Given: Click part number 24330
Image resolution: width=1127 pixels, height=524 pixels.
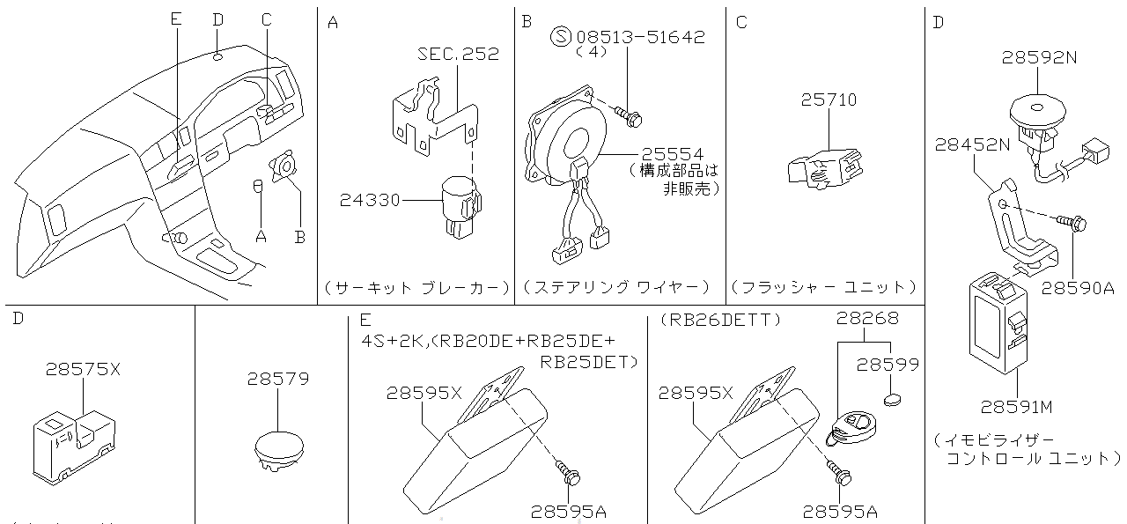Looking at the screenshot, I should (x=369, y=201).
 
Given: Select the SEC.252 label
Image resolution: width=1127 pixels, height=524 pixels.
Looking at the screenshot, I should (x=458, y=54).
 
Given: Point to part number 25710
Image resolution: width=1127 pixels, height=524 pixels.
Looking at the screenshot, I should (x=828, y=100).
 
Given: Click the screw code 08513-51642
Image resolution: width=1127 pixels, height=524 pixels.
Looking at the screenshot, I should (x=641, y=37).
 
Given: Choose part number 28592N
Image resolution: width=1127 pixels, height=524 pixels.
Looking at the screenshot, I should (x=1039, y=58).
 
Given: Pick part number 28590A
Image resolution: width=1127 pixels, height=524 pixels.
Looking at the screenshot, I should (x=1079, y=287).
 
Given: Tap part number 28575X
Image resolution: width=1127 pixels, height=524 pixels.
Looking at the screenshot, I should (x=82, y=370).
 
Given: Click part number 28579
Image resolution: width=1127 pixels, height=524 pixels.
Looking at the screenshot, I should (x=278, y=380).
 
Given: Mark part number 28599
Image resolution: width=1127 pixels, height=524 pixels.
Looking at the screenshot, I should (x=888, y=364).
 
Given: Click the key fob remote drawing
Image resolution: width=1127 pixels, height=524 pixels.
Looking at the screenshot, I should (x=852, y=426).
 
